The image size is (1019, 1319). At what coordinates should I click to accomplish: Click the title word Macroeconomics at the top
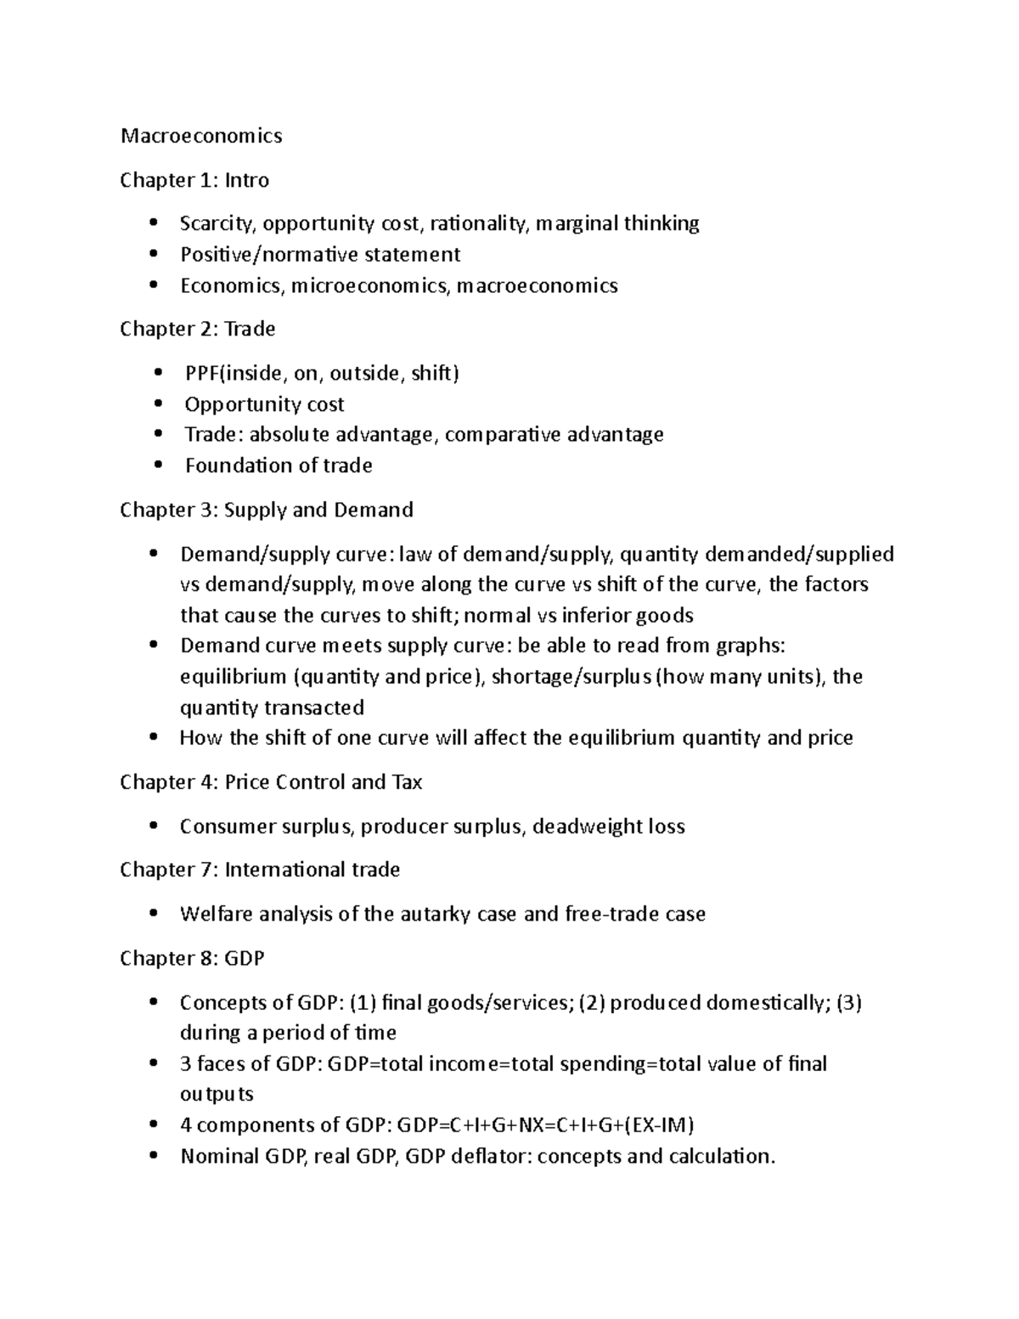click(201, 136)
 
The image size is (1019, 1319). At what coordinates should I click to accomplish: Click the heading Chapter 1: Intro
click(194, 180)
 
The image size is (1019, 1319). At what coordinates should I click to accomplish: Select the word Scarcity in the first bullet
click(217, 223)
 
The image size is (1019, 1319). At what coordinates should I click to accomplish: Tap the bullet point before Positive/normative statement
click(153, 254)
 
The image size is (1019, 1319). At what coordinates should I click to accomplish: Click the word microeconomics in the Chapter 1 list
click(368, 285)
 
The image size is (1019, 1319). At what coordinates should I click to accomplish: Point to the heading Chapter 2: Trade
click(197, 329)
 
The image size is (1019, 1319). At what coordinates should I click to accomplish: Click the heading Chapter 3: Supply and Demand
click(267, 510)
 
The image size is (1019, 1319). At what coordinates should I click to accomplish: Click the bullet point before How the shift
click(153, 737)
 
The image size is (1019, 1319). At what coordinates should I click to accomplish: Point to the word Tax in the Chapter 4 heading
click(407, 782)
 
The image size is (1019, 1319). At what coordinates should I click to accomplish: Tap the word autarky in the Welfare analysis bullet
click(437, 914)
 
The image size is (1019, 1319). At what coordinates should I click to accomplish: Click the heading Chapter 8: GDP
click(192, 958)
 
